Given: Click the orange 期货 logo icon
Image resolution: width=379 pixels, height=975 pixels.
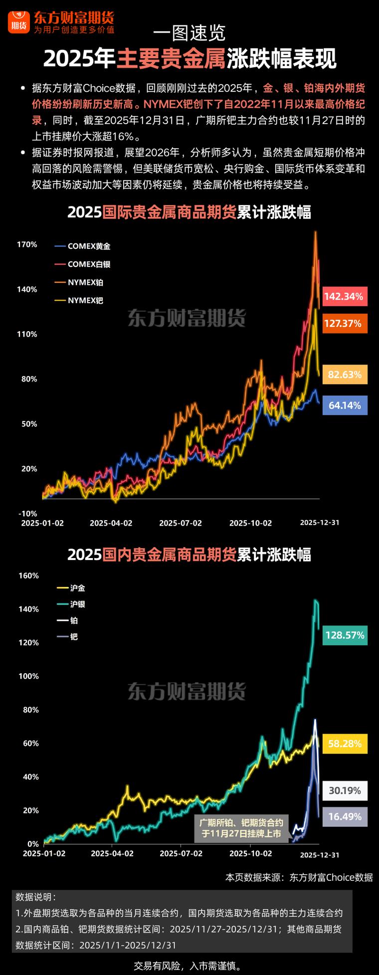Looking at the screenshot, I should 19,21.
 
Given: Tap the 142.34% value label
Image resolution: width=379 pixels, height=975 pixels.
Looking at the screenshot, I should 345,296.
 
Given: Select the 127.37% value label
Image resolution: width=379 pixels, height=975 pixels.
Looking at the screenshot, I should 345,323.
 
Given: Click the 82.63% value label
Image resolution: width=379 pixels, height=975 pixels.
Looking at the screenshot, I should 345,375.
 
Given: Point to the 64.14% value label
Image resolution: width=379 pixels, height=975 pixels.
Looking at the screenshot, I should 345,405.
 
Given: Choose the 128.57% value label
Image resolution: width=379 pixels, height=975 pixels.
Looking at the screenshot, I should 345,635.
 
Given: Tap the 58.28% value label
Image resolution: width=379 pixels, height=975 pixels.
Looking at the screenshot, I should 345,744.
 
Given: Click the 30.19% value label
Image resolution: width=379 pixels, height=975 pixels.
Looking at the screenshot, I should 345,790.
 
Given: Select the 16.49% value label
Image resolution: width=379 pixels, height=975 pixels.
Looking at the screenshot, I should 345,816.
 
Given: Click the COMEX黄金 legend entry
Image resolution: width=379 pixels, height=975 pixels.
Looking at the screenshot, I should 83,246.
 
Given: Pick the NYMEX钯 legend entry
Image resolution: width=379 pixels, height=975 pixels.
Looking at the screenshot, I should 80,300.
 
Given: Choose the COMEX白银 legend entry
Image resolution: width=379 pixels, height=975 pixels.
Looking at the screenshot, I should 83,264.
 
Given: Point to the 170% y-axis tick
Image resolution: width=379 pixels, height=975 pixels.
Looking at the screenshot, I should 27,244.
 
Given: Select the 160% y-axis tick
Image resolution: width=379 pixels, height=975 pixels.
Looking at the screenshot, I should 28,576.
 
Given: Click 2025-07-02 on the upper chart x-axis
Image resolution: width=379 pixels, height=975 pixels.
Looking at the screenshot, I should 181,523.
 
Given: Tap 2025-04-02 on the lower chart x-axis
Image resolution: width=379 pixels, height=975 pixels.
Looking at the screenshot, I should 112,853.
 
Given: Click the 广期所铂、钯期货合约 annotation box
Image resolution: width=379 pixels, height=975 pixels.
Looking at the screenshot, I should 241,828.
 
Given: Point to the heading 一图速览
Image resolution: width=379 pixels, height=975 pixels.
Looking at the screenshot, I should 189,33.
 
